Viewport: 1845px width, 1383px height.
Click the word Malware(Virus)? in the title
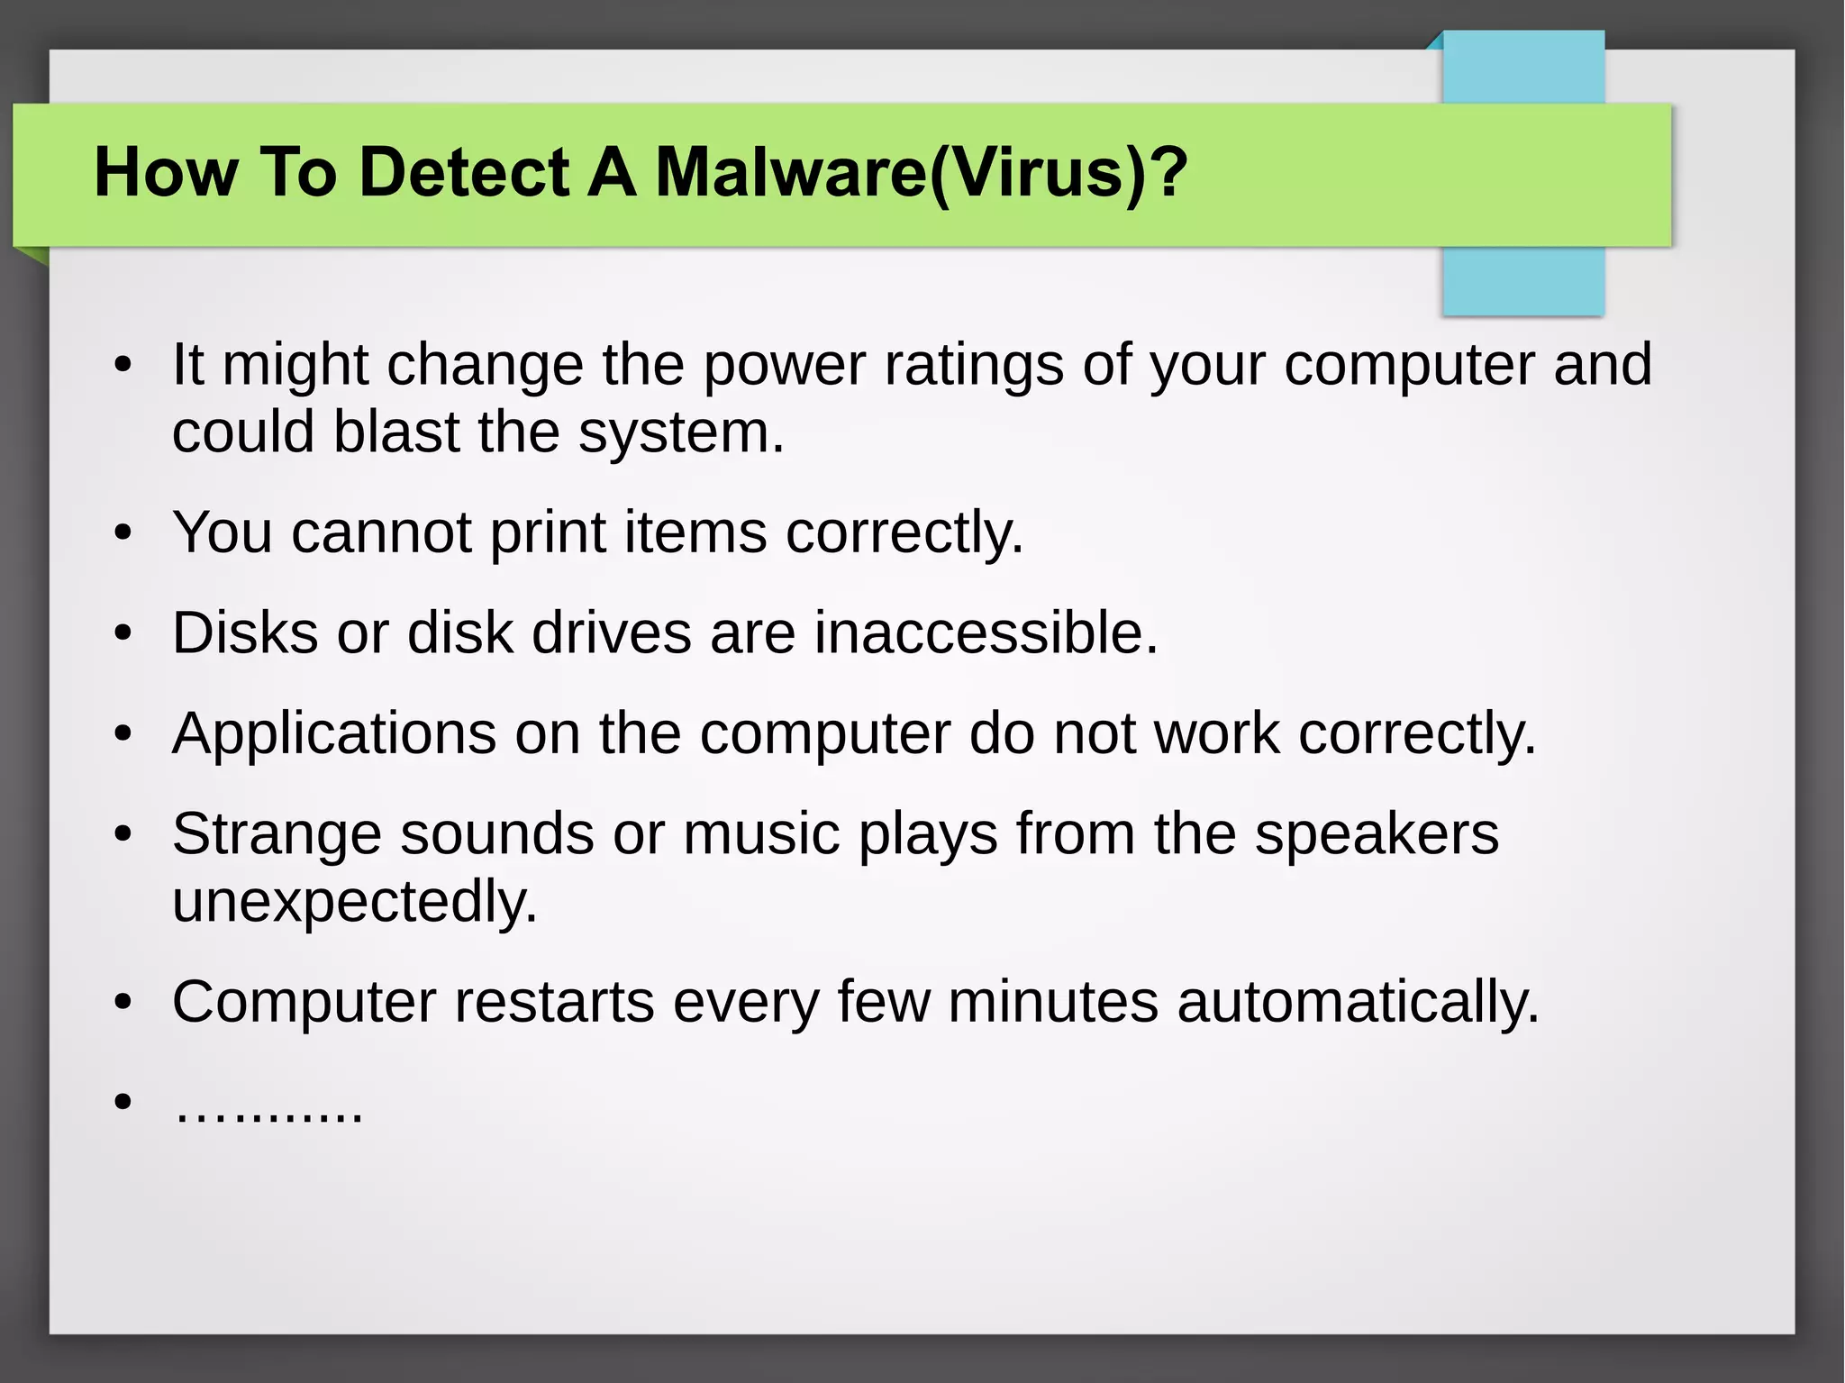coord(921,173)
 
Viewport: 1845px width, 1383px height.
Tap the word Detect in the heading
coord(464,173)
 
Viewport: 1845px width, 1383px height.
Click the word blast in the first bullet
coord(396,432)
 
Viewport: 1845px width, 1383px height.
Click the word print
coord(547,532)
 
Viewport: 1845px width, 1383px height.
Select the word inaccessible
coord(986,632)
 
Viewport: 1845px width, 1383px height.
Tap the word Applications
coord(333,734)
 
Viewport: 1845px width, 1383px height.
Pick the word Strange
coord(277,834)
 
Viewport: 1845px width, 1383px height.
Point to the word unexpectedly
coord(354,901)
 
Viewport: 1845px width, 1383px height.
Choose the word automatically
coord(1358,1002)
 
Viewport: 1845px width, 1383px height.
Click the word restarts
coord(554,1002)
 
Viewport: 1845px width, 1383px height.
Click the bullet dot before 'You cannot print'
coord(123,533)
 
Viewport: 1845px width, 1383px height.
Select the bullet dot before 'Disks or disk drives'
coord(123,634)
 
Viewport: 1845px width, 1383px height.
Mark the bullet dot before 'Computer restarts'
coord(123,1002)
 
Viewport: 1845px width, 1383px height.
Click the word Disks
coord(245,632)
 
